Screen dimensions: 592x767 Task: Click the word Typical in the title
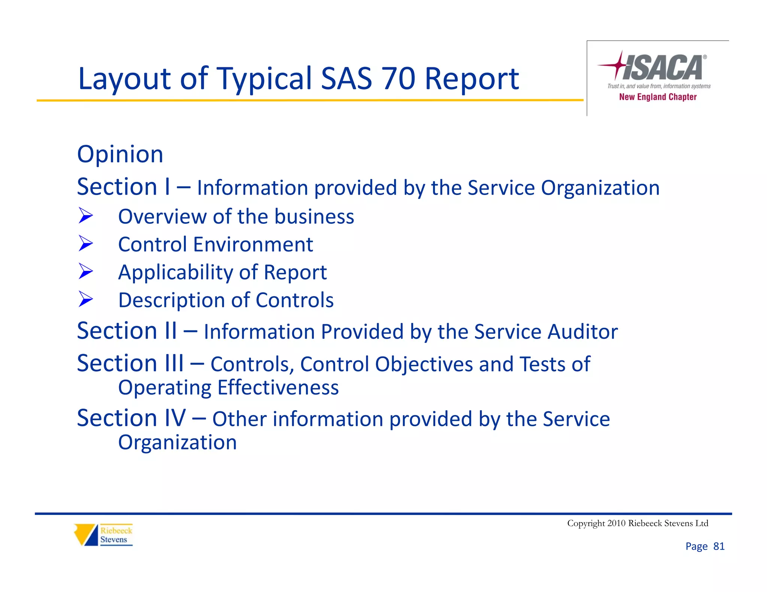tap(264, 79)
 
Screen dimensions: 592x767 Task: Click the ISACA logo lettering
tap(663, 68)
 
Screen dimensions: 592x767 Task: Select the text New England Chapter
tap(658, 97)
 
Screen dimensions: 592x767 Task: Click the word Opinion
tap(120, 154)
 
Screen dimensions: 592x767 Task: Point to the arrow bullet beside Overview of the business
tap(86, 216)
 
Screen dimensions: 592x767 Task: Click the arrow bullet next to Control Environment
tap(86, 244)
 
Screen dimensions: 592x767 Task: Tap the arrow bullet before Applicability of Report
tap(86, 271)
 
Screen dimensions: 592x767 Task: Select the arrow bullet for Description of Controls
tap(86, 299)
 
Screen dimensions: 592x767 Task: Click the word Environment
tap(253, 245)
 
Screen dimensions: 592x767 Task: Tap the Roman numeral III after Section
tap(175, 363)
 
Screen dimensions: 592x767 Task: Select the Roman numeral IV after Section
tap(175, 418)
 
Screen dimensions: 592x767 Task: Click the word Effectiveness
tap(278, 388)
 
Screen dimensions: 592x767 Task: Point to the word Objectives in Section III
tap(424, 364)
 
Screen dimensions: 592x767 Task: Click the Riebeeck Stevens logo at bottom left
tap(103, 535)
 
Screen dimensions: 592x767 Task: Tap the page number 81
tap(719, 546)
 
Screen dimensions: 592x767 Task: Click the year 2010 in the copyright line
tap(616, 523)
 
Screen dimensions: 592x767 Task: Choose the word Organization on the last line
tap(177, 443)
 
